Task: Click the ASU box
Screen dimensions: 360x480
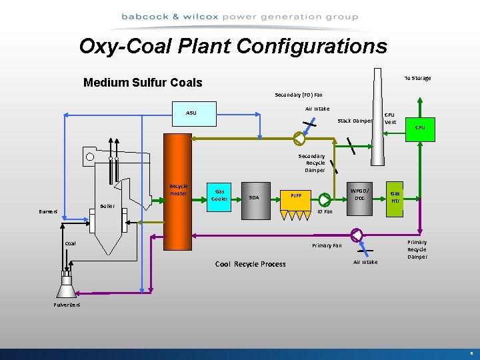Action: pos(191,113)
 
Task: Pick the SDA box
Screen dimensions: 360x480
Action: pos(254,197)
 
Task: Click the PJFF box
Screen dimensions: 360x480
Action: pos(296,196)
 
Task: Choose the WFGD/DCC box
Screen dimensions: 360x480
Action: pos(359,194)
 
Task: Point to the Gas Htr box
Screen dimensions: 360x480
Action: pos(395,197)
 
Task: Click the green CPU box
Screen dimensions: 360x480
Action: pos(420,127)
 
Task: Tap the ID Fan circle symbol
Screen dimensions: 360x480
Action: pos(325,200)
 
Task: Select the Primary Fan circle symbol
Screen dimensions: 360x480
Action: pos(356,235)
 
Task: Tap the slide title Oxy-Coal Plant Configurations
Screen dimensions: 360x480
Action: pos(233,46)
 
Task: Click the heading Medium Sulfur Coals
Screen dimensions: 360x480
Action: pos(143,83)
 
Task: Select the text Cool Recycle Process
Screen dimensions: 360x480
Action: pos(250,264)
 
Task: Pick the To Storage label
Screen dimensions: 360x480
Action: pos(417,78)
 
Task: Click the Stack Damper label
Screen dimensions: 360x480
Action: pos(355,121)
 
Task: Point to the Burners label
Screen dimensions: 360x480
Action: pos(48,211)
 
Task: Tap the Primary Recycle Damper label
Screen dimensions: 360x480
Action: pos(417,249)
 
